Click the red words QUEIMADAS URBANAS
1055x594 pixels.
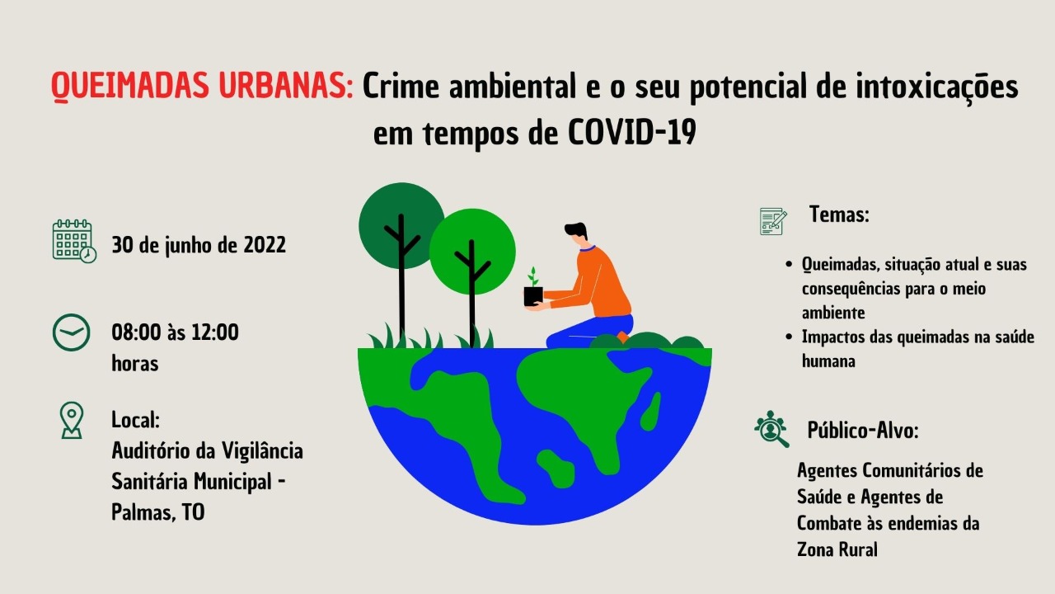click(203, 87)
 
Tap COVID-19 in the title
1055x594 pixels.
click(632, 133)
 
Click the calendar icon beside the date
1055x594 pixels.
click(74, 240)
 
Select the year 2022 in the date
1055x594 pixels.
click(265, 245)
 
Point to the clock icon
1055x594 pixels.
click(71, 332)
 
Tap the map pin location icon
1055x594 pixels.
click(72, 421)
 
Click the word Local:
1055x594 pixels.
click(136, 420)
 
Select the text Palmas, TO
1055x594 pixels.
click(157, 512)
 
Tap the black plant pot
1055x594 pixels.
click(533, 296)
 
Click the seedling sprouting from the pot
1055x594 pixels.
click(532, 276)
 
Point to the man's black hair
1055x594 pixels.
click(576, 230)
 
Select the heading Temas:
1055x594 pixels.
click(839, 214)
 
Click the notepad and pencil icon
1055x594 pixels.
click(773, 221)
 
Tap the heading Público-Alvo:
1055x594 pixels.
click(863, 430)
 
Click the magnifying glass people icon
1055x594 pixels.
click(771, 428)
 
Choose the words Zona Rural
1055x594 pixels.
click(837, 549)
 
